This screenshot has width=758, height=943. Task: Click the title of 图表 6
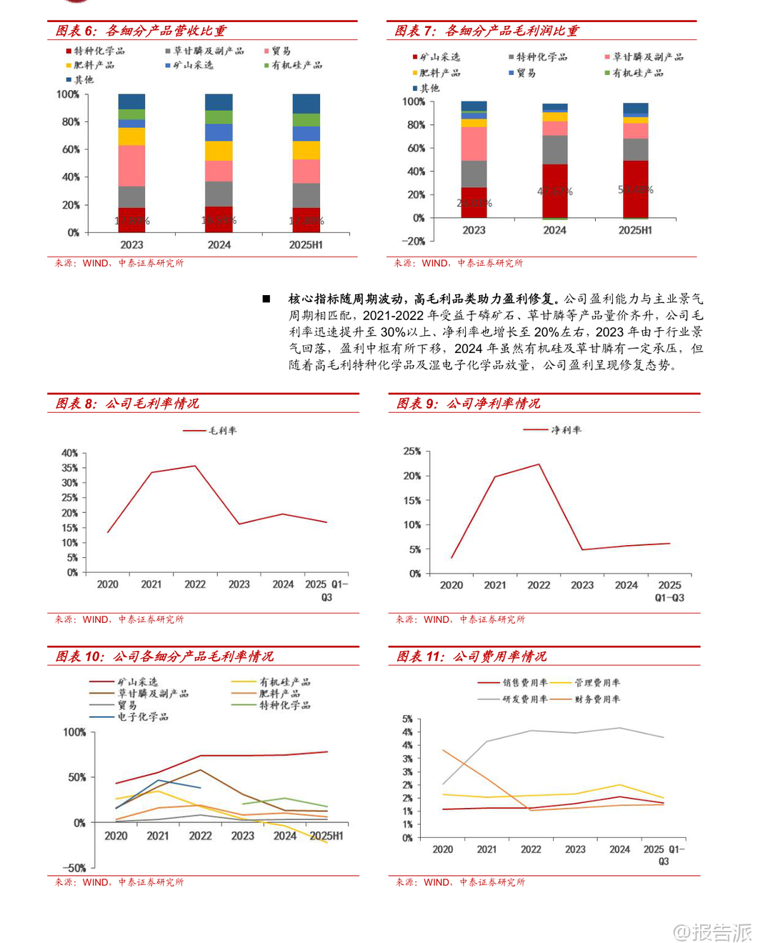pos(141,31)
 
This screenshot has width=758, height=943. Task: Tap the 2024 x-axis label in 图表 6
pos(219,245)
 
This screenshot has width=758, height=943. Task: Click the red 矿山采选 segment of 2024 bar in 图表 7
pos(554,191)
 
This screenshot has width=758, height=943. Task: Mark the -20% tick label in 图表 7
pos(413,241)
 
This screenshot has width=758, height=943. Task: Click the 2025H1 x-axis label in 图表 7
pos(634,230)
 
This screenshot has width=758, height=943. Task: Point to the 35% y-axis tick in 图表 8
pos(69,468)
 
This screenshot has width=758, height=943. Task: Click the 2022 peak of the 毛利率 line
pos(195,466)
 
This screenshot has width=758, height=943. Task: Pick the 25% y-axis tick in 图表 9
pos(412,451)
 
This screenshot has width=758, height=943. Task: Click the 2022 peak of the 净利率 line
pos(539,464)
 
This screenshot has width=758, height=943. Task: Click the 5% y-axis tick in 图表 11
pos(407,719)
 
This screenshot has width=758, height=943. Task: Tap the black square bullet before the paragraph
pos(266,299)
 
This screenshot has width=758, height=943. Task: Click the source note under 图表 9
pos(460,619)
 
